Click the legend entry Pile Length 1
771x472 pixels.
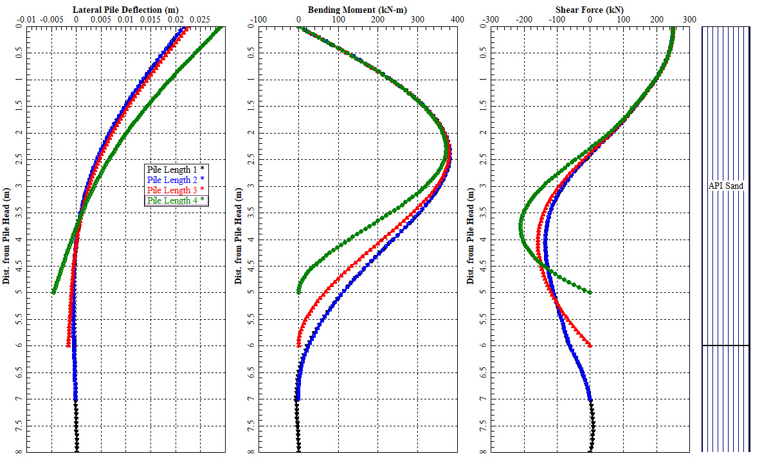172,169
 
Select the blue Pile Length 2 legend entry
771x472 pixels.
172,179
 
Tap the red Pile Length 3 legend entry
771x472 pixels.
172,190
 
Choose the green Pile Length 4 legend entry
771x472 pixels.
172,200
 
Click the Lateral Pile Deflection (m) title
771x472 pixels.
126,10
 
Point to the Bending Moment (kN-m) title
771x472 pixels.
357,10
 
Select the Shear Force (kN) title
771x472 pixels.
590,10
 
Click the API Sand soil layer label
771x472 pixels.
725,186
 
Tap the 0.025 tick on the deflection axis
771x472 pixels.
201,20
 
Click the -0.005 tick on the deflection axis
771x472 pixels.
51,20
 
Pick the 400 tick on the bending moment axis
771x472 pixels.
457,20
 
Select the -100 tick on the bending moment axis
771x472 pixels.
258,20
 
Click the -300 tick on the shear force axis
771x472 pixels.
491,20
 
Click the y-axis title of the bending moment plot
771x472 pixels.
238,237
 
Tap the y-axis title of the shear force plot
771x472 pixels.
470,237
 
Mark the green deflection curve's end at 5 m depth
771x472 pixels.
53,292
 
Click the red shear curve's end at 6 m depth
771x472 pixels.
590,345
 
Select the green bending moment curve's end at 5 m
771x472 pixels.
298,292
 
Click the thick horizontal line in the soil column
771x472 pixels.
725,345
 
